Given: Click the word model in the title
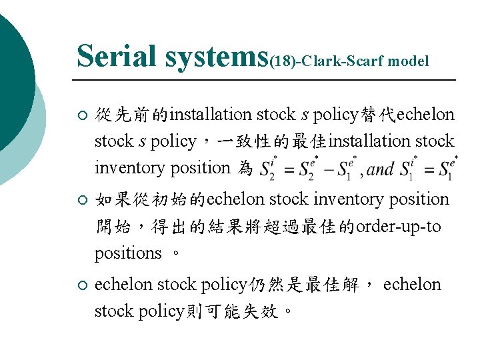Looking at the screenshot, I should pos(408,62).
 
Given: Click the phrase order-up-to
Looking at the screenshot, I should pos(399,227).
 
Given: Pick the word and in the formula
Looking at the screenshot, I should pos(381,169).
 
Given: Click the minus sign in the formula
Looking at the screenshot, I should pos(323,169).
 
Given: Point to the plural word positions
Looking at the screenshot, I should pos(128,253).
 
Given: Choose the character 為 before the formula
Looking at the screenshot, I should pos(244,168).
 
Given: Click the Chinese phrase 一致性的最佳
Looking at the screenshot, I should pos(265,141).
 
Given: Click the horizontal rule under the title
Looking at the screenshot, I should pos(267,80).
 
